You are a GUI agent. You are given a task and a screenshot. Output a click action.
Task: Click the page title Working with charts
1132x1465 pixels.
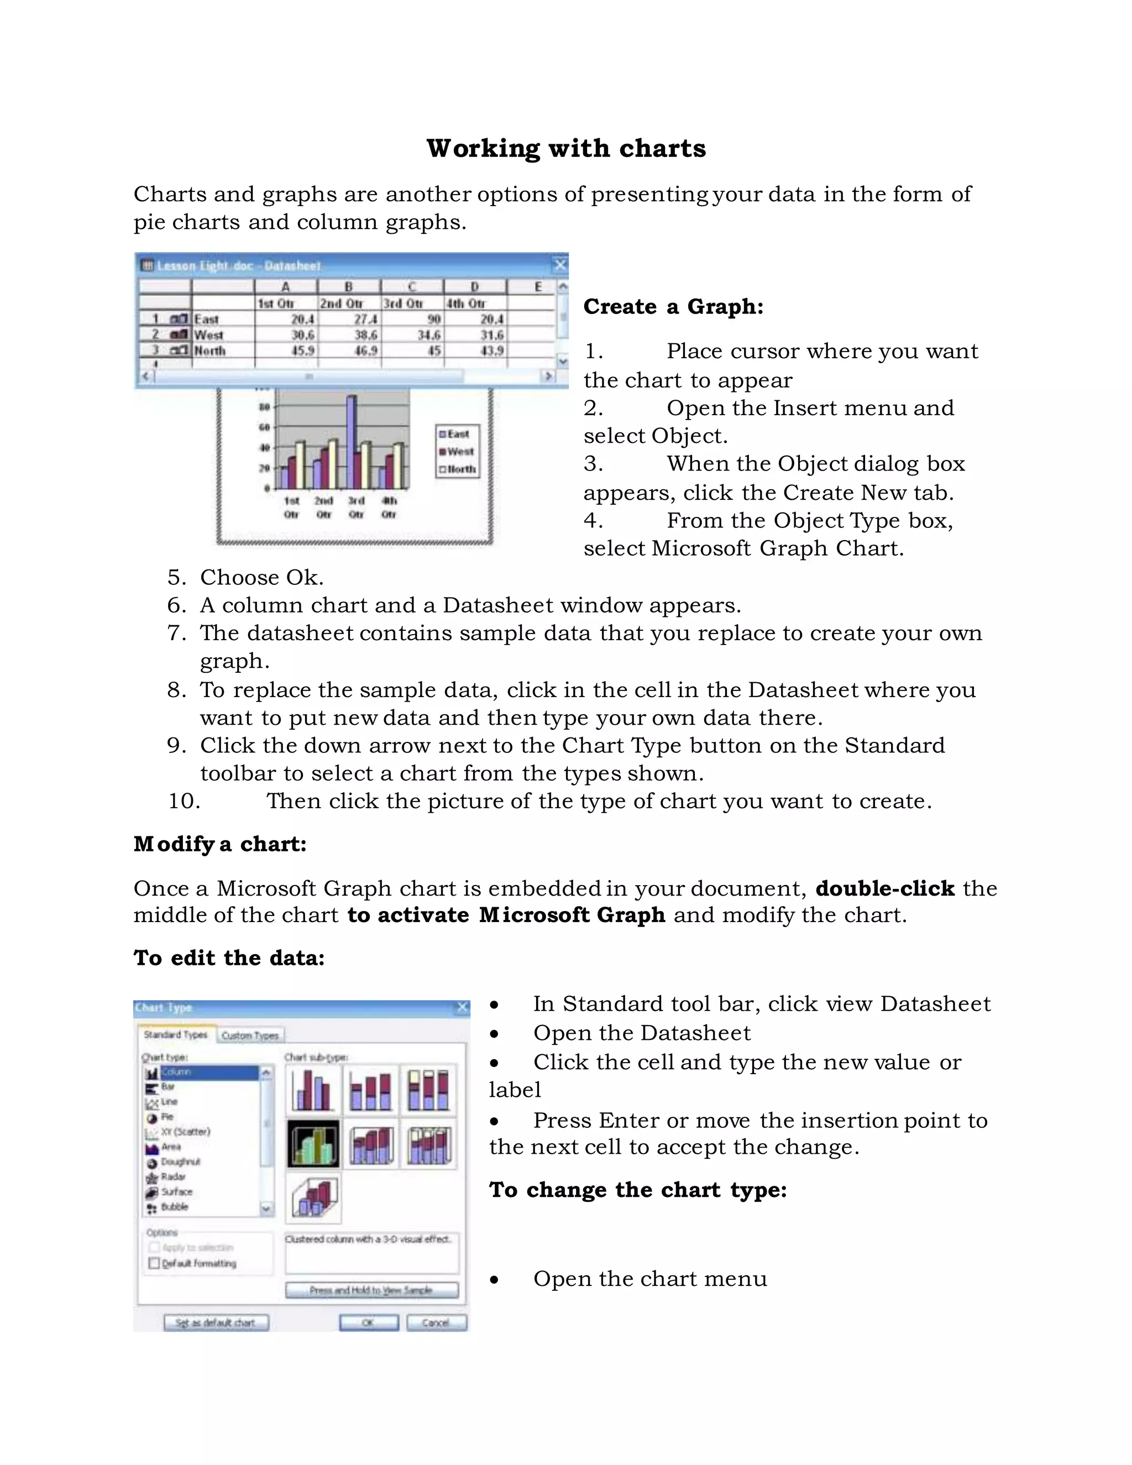tap(566, 148)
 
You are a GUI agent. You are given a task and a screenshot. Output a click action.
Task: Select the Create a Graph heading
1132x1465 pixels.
tap(673, 307)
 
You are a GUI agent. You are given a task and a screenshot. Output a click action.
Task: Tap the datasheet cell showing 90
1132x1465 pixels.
tap(434, 320)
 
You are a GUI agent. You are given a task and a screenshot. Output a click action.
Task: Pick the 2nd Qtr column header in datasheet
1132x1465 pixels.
tap(340, 303)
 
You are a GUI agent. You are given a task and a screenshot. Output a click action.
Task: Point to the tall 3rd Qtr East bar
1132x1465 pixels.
tap(352, 436)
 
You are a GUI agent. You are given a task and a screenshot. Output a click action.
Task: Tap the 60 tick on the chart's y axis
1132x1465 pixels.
tap(265, 427)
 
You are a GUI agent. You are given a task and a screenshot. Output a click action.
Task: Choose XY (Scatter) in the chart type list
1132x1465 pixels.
tap(185, 1132)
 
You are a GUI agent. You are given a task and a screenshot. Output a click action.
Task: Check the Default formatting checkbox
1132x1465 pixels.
tap(154, 1263)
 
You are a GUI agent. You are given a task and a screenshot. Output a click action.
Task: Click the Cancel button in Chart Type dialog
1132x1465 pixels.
tap(436, 1322)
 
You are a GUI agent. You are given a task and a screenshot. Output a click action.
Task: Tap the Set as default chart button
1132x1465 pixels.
tap(216, 1322)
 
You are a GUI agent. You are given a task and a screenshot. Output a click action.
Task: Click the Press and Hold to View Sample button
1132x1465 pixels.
tap(371, 1290)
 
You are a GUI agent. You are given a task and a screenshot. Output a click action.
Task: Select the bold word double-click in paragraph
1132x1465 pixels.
tap(884, 888)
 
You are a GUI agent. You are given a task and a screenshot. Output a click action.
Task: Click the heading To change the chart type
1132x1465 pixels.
tap(637, 1189)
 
